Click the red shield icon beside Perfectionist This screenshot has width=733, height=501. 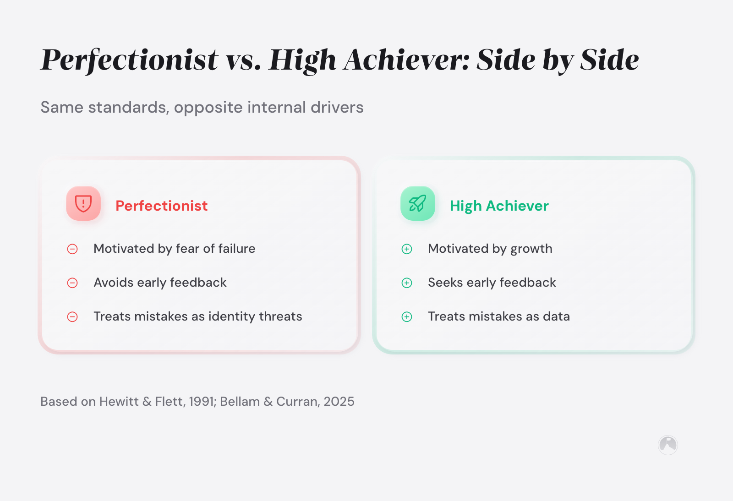(83, 203)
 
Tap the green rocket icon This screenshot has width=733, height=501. (418, 203)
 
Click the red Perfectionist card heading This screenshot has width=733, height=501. (161, 206)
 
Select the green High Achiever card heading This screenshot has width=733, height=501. (499, 206)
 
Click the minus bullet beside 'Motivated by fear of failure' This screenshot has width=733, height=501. (72, 249)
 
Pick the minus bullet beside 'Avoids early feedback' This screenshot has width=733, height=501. (72, 283)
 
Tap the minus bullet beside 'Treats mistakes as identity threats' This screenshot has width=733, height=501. (72, 317)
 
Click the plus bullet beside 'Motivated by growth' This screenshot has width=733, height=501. (407, 249)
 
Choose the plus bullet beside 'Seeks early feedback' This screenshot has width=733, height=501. (407, 283)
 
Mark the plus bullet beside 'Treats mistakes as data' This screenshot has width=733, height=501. (407, 317)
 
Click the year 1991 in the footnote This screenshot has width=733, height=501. (202, 402)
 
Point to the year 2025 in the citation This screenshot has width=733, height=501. (339, 402)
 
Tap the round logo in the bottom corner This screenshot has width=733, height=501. (668, 445)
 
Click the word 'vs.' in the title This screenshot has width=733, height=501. (243, 60)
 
